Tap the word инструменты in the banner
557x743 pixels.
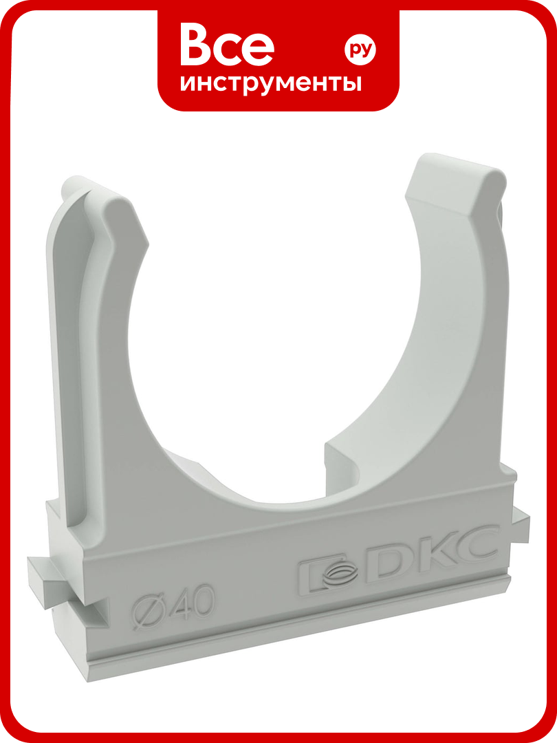coord(271,84)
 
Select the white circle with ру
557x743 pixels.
coord(360,50)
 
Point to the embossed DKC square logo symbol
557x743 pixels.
coord(330,572)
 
